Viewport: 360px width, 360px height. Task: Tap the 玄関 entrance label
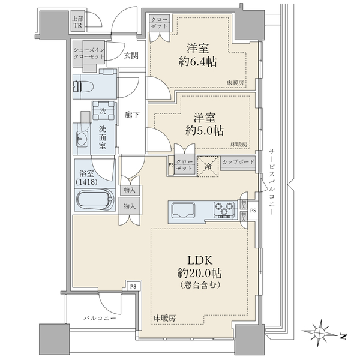pos(131,56)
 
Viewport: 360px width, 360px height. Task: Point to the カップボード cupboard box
pos(238,163)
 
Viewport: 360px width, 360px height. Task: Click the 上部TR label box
pos(78,22)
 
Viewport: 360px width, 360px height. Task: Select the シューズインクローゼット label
pos(89,53)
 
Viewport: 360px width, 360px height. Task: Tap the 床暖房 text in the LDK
pos(163,317)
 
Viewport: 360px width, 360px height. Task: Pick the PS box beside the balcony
pos(133,287)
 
